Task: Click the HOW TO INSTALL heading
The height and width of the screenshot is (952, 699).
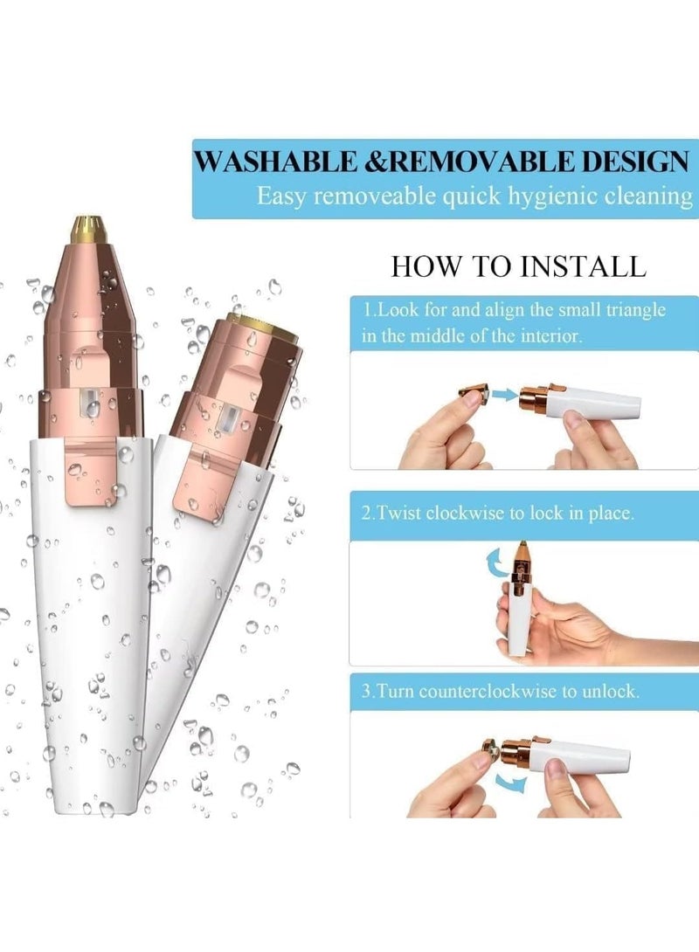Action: click(518, 266)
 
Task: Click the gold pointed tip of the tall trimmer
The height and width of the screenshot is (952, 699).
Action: click(84, 229)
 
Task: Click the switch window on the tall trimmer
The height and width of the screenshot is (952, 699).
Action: click(88, 406)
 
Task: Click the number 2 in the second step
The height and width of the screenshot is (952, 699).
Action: click(366, 514)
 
